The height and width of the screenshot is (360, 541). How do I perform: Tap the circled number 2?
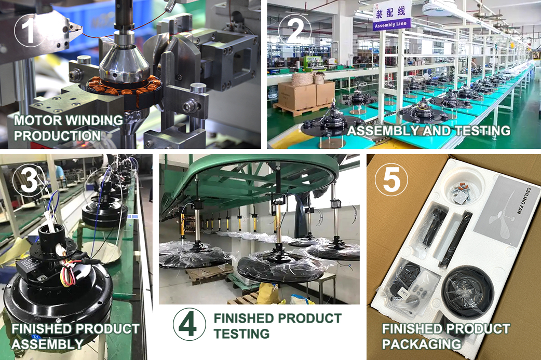[295, 30]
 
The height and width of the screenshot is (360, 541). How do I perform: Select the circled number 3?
[29, 180]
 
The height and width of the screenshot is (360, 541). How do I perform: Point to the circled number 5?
[391, 179]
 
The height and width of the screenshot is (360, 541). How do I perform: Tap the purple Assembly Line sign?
[391, 24]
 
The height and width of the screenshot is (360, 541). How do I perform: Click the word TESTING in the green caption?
[241, 334]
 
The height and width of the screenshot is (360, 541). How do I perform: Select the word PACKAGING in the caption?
[421, 344]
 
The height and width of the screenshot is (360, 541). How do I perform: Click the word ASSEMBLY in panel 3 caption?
[47, 344]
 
